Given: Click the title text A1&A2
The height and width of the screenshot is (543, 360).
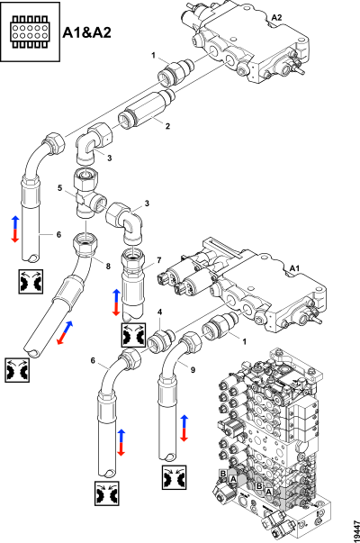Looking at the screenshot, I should coord(88,33).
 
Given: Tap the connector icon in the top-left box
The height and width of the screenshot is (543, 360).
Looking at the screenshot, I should coord(30,32).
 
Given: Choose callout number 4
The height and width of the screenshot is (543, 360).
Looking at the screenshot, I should coord(159,313).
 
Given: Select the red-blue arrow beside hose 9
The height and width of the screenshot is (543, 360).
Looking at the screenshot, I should coord(184,428).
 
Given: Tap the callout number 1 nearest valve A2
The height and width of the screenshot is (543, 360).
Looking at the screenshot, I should coord(154,57).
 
